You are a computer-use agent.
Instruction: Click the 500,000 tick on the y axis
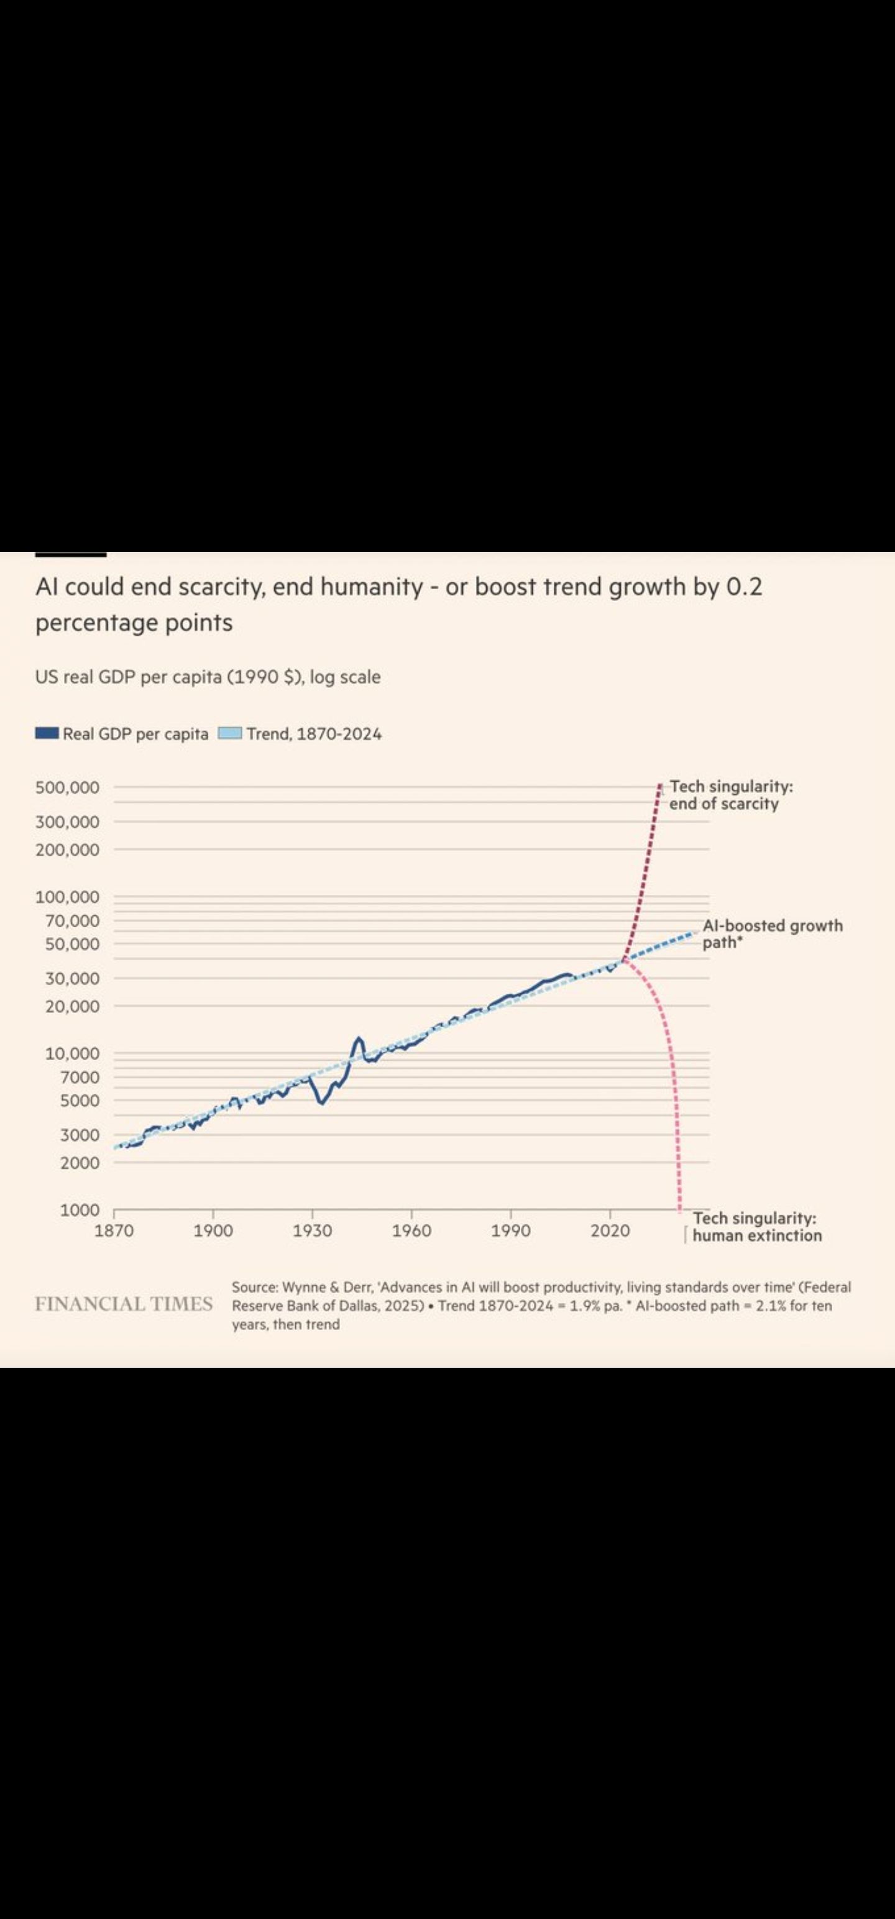pyautogui.click(x=67, y=787)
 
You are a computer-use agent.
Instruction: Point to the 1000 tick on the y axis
pyautogui.click(x=80, y=1210)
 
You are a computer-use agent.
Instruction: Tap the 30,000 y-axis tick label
pyautogui.click(x=72, y=978)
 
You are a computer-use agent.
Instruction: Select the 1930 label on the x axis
pyautogui.click(x=312, y=1230)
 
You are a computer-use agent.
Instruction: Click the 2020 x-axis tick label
pyautogui.click(x=610, y=1230)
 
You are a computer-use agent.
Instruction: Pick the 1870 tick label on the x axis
pyautogui.click(x=114, y=1230)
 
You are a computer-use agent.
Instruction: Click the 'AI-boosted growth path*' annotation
pyautogui.click(x=772, y=933)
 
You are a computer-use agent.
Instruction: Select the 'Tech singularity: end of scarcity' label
pyautogui.click(x=730, y=795)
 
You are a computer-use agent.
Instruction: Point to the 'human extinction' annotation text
pyautogui.click(x=756, y=1236)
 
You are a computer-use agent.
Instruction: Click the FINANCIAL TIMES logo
pyautogui.click(x=124, y=1304)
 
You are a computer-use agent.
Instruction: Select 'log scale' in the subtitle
pyautogui.click(x=345, y=677)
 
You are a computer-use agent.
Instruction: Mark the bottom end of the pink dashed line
pyautogui.click(x=679, y=1208)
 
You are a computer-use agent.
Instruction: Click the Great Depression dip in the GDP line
pyautogui.click(x=321, y=1102)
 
